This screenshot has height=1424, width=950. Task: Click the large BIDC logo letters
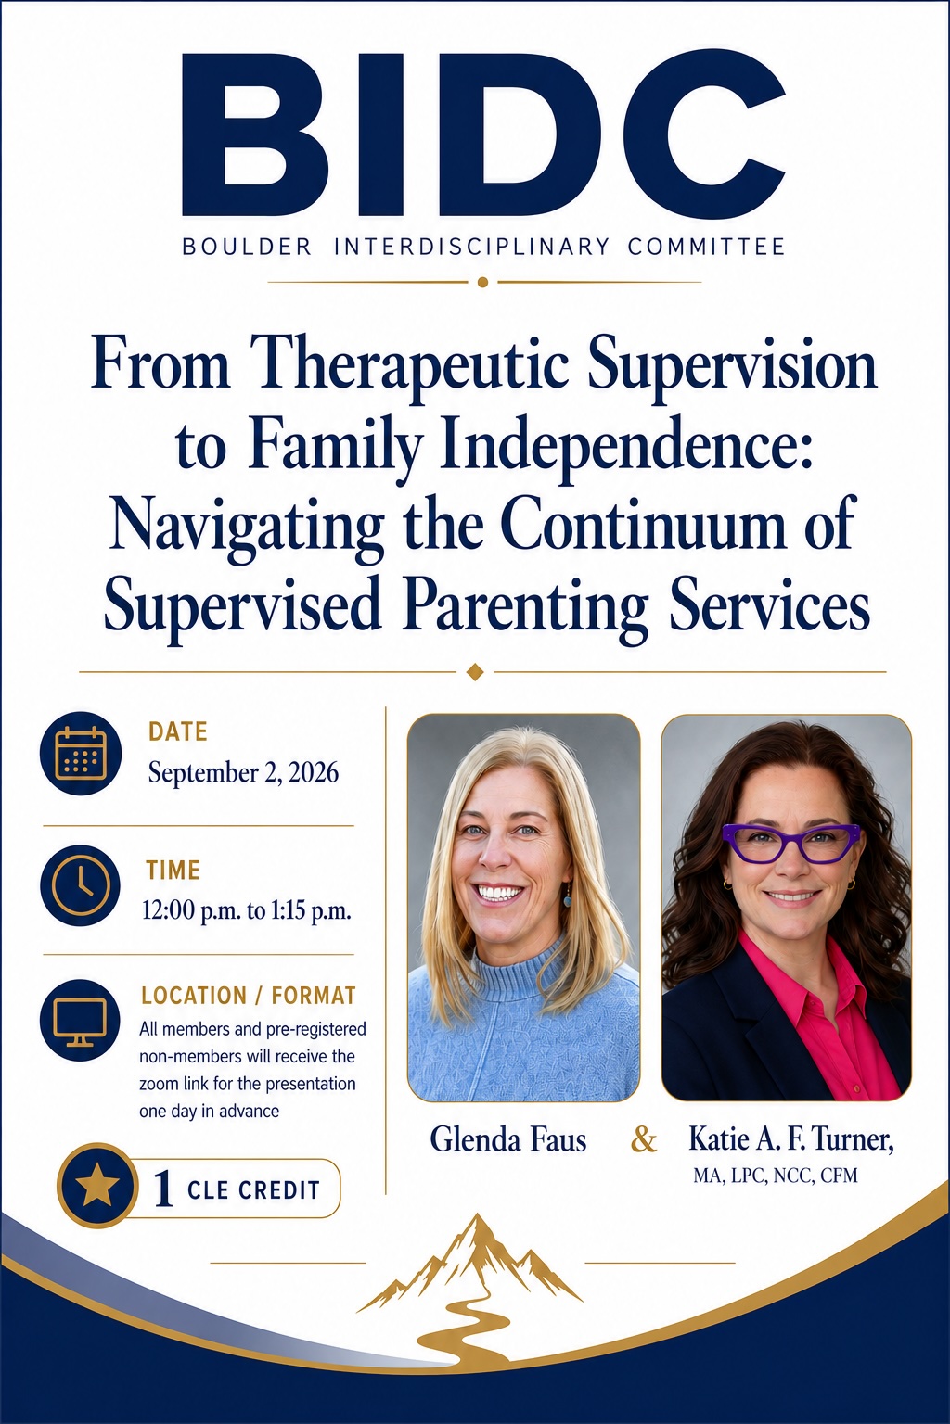pyautogui.click(x=483, y=134)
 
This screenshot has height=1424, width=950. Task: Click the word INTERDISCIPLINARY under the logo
pyautogui.click(x=471, y=247)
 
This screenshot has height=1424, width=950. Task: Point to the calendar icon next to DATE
pyautogui.click(x=80, y=753)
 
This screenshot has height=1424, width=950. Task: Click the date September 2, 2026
pyautogui.click(x=243, y=773)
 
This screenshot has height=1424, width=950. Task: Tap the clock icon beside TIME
pyautogui.click(x=80, y=885)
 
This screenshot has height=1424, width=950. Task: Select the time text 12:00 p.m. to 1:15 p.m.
pyautogui.click(x=246, y=911)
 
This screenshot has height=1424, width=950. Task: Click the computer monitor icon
pyautogui.click(x=80, y=1021)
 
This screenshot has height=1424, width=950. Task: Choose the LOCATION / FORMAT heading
pyautogui.click(x=248, y=996)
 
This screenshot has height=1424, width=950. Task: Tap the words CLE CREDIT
pyautogui.click(x=253, y=1190)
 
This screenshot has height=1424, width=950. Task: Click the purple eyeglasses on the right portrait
pyautogui.click(x=792, y=843)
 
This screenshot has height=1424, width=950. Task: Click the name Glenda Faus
pyautogui.click(x=507, y=1139)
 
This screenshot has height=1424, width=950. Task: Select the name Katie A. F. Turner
pyautogui.click(x=791, y=1139)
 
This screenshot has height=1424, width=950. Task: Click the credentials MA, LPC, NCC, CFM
pyautogui.click(x=776, y=1176)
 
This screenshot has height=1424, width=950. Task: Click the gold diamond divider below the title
pyautogui.click(x=475, y=671)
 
